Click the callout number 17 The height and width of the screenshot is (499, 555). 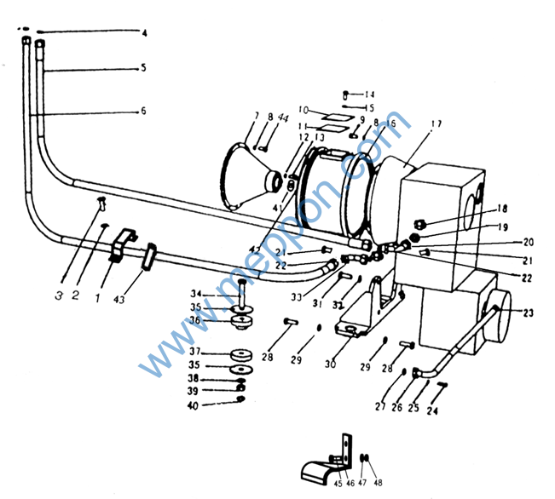[x=436, y=124]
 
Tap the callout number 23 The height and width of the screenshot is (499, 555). [x=528, y=313]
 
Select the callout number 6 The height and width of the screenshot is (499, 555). [x=143, y=111]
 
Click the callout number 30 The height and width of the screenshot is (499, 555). [x=331, y=364]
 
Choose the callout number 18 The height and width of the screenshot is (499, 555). [x=502, y=209]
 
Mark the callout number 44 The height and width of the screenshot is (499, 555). [x=282, y=117]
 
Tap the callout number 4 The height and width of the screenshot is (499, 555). [x=144, y=33]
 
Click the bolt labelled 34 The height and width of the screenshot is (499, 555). [x=242, y=290]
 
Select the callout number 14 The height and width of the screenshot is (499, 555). [x=369, y=94]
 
